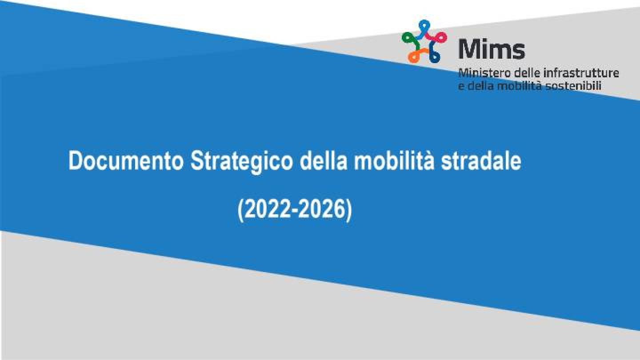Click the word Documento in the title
click(126, 161)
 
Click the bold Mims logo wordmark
click(492, 49)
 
